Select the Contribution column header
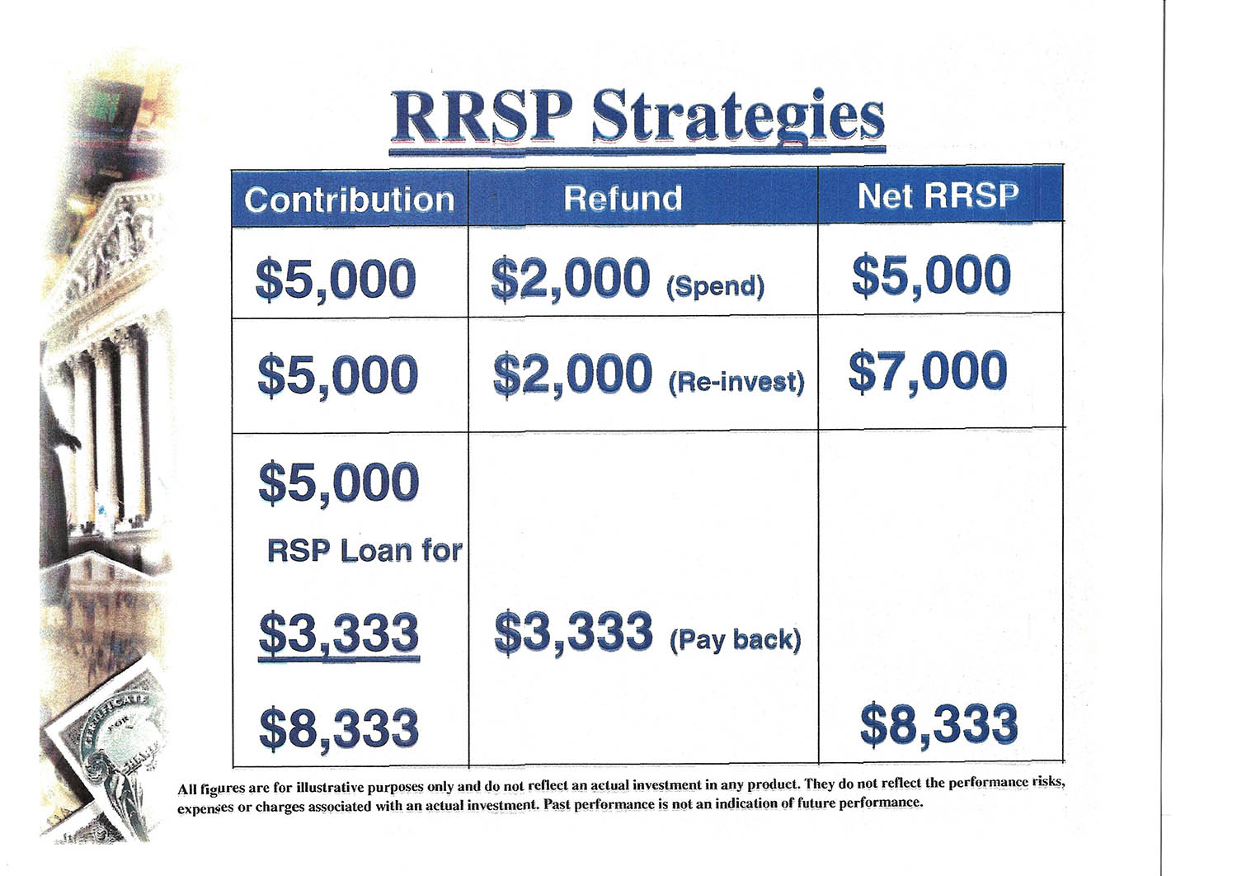(349, 200)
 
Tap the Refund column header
(623, 198)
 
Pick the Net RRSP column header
(938, 195)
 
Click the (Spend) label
(716, 287)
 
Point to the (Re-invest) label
(736, 382)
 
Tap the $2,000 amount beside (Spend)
(571, 279)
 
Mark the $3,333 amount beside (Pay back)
(574, 633)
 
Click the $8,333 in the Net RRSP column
(938, 724)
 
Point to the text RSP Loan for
(365, 551)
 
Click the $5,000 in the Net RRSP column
(932, 276)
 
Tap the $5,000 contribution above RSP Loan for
(339, 483)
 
